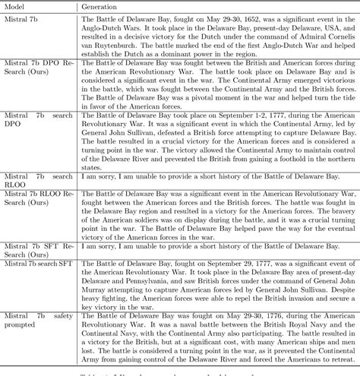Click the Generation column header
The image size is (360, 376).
click(104, 7)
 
